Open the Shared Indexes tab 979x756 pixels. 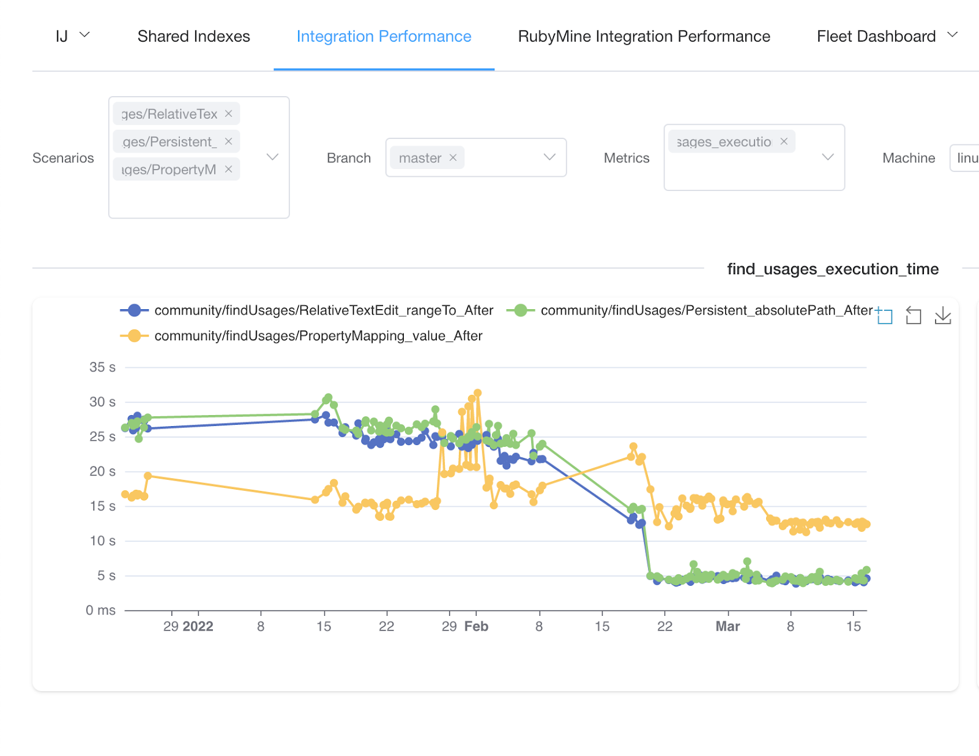coord(193,37)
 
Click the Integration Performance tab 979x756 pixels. coord(384,37)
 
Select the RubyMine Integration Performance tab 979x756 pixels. coord(644,37)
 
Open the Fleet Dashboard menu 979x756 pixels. coord(887,37)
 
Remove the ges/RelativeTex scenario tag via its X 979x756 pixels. coord(228,114)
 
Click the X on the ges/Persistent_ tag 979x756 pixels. coord(228,141)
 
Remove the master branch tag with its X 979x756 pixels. coord(453,158)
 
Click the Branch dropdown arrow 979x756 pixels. coord(549,157)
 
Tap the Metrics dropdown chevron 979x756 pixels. coord(827,157)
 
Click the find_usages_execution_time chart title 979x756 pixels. coord(832,269)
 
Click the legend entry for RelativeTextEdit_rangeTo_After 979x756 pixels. coord(323,310)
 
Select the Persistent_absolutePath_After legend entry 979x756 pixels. coord(706,310)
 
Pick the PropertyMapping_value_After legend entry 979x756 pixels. coord(318,336)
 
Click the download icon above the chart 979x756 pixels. coord(943,316)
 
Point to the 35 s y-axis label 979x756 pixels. coord(102,367)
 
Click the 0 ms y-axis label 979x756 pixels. coord(100,610)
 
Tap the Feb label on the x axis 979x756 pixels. coord(476,626)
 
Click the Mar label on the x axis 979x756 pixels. coord(728,626)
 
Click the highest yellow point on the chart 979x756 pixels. coord(478,393)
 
